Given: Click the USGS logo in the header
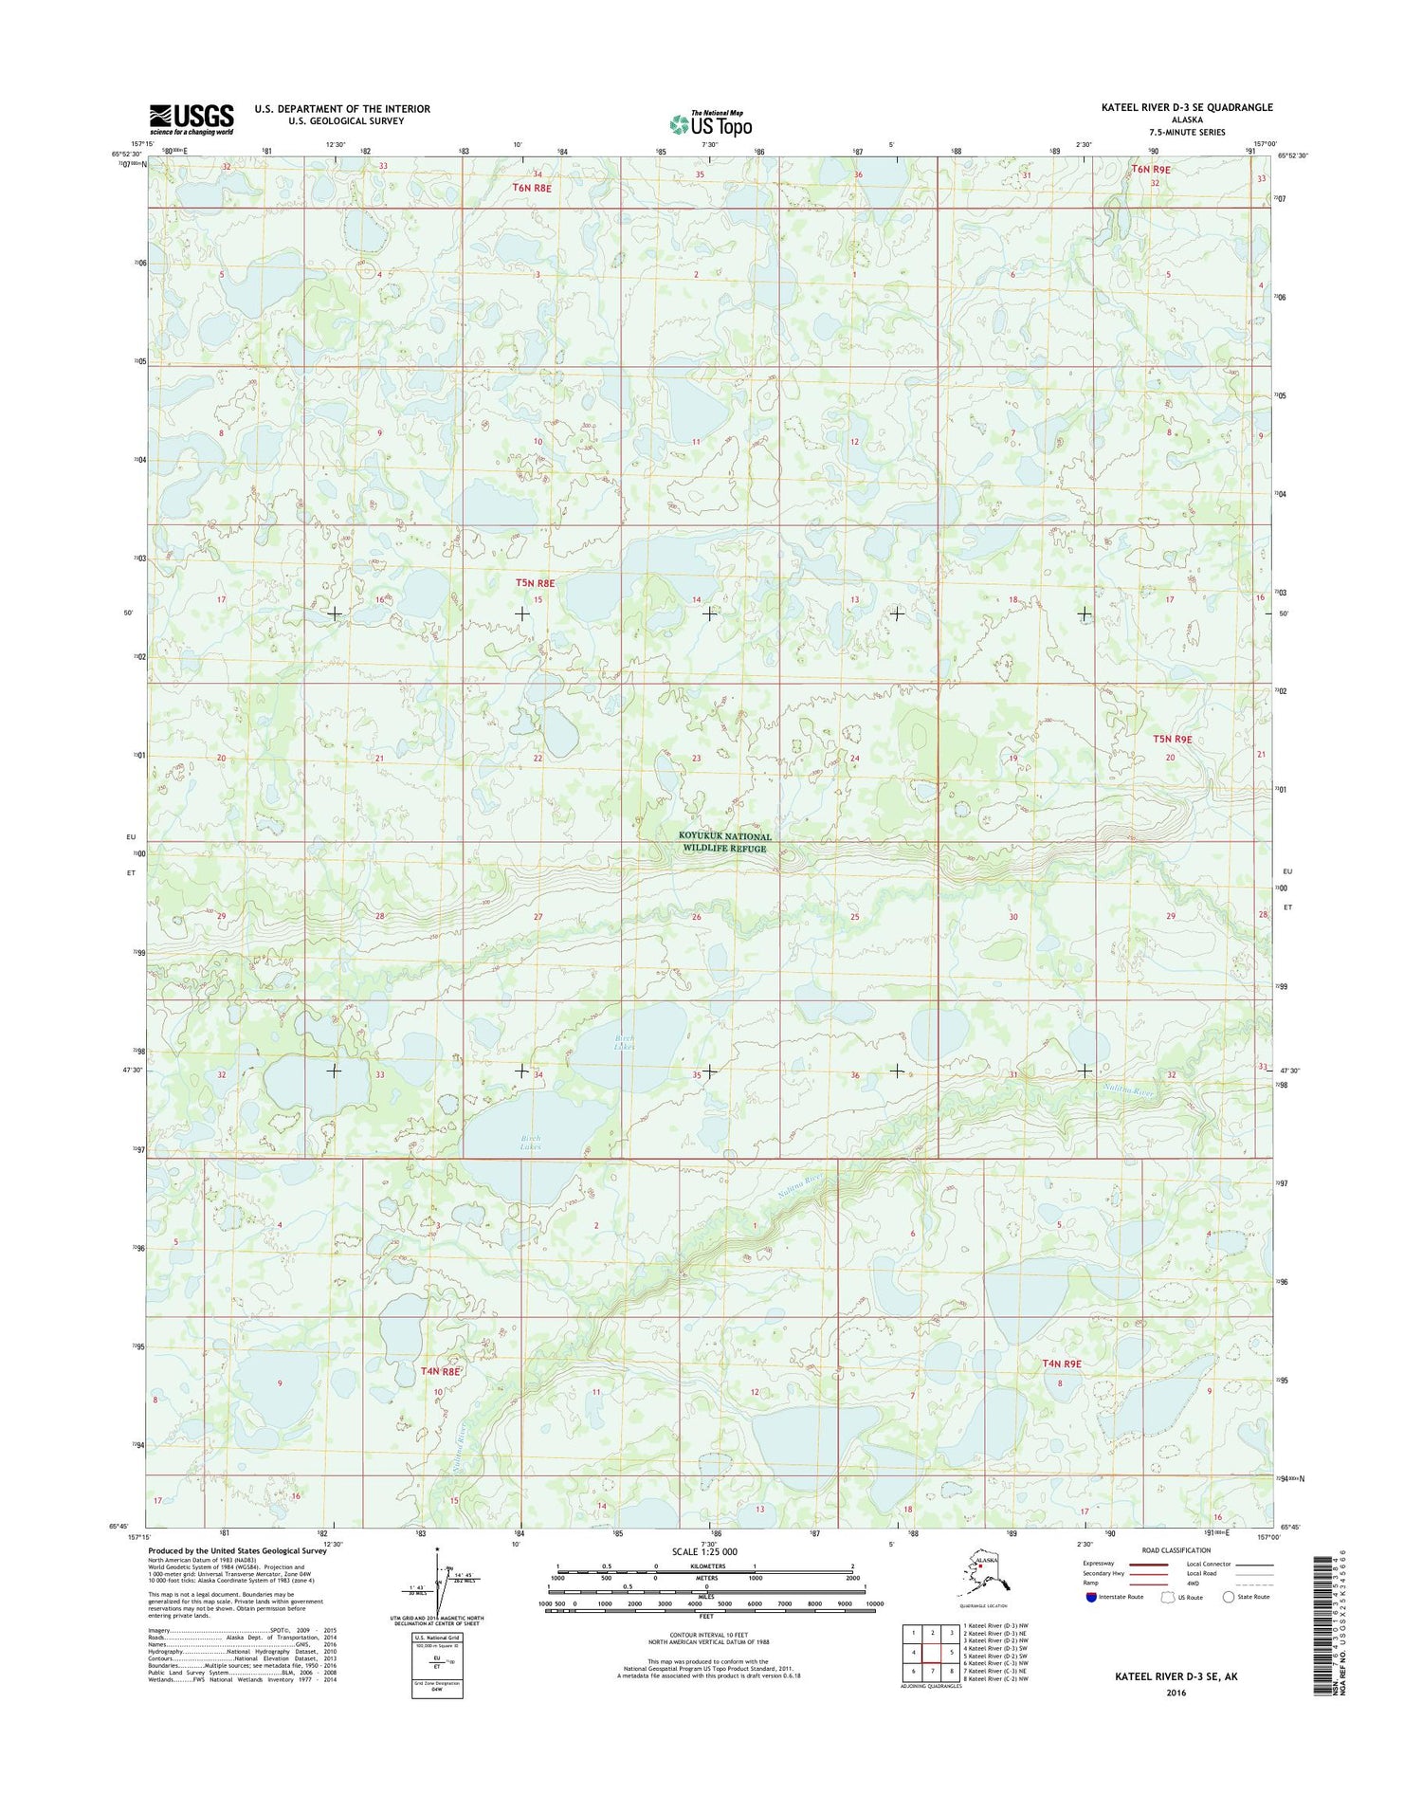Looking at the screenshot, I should pos(191,118).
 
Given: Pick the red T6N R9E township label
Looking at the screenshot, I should pos(1151,170).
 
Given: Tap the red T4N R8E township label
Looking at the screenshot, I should pos(440,1371).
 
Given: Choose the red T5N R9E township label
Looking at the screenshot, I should pos(1172,739).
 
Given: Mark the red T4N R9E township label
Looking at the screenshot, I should pos(1062,1364).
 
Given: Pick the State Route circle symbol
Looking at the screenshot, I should pos(1229,1597).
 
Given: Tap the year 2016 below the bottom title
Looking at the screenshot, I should pos(1176,1693).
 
